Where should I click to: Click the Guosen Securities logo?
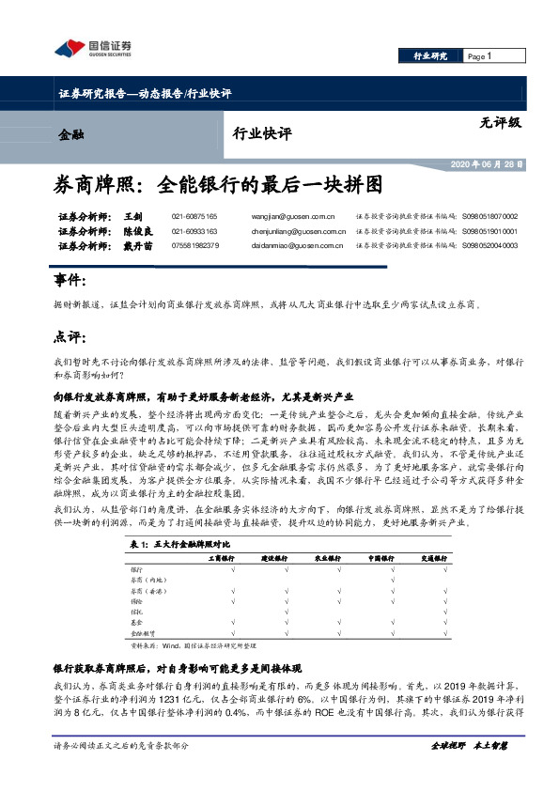pyautogui.click(x=93, y=48)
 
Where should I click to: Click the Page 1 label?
pyautogui.click(x=480, y=56)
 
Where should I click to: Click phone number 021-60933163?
pyautogui.click(x=194, y=230)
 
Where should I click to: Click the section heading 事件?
pyautogui.click(x=71, y=281)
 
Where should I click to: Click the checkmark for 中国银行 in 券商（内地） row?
pyautogui.click(x=391, y=581)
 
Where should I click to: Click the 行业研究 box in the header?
pyautogui.click(x=430, y=56)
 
